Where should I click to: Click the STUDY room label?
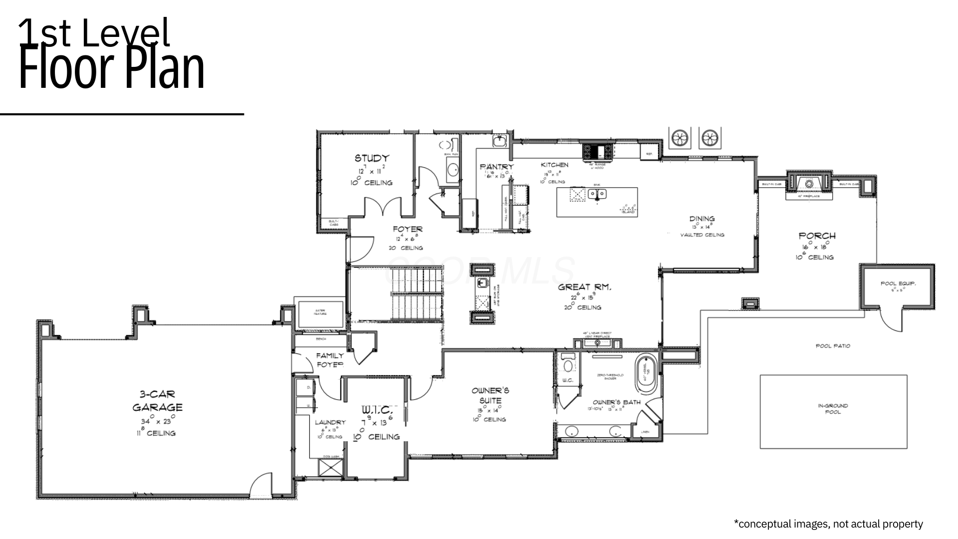tap(372, 158)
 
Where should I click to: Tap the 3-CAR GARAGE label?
tap(157, 401)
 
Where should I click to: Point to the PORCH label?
tap(817, 236)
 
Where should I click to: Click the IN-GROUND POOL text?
tap(833, 409)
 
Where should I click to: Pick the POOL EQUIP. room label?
tap(898, 284)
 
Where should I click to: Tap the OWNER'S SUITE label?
tap(490, 395)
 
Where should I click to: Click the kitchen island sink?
tap(597, 194)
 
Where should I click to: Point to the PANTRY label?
tap(496, 167)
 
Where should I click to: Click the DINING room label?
tap(702, 219)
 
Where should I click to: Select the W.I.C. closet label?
tap(377, 410)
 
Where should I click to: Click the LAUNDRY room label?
tap(330, 423)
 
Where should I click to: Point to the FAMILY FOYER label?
tap(330, 360)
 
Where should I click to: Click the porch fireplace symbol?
tap(809, 184)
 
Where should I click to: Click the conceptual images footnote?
tap(828, 524)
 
